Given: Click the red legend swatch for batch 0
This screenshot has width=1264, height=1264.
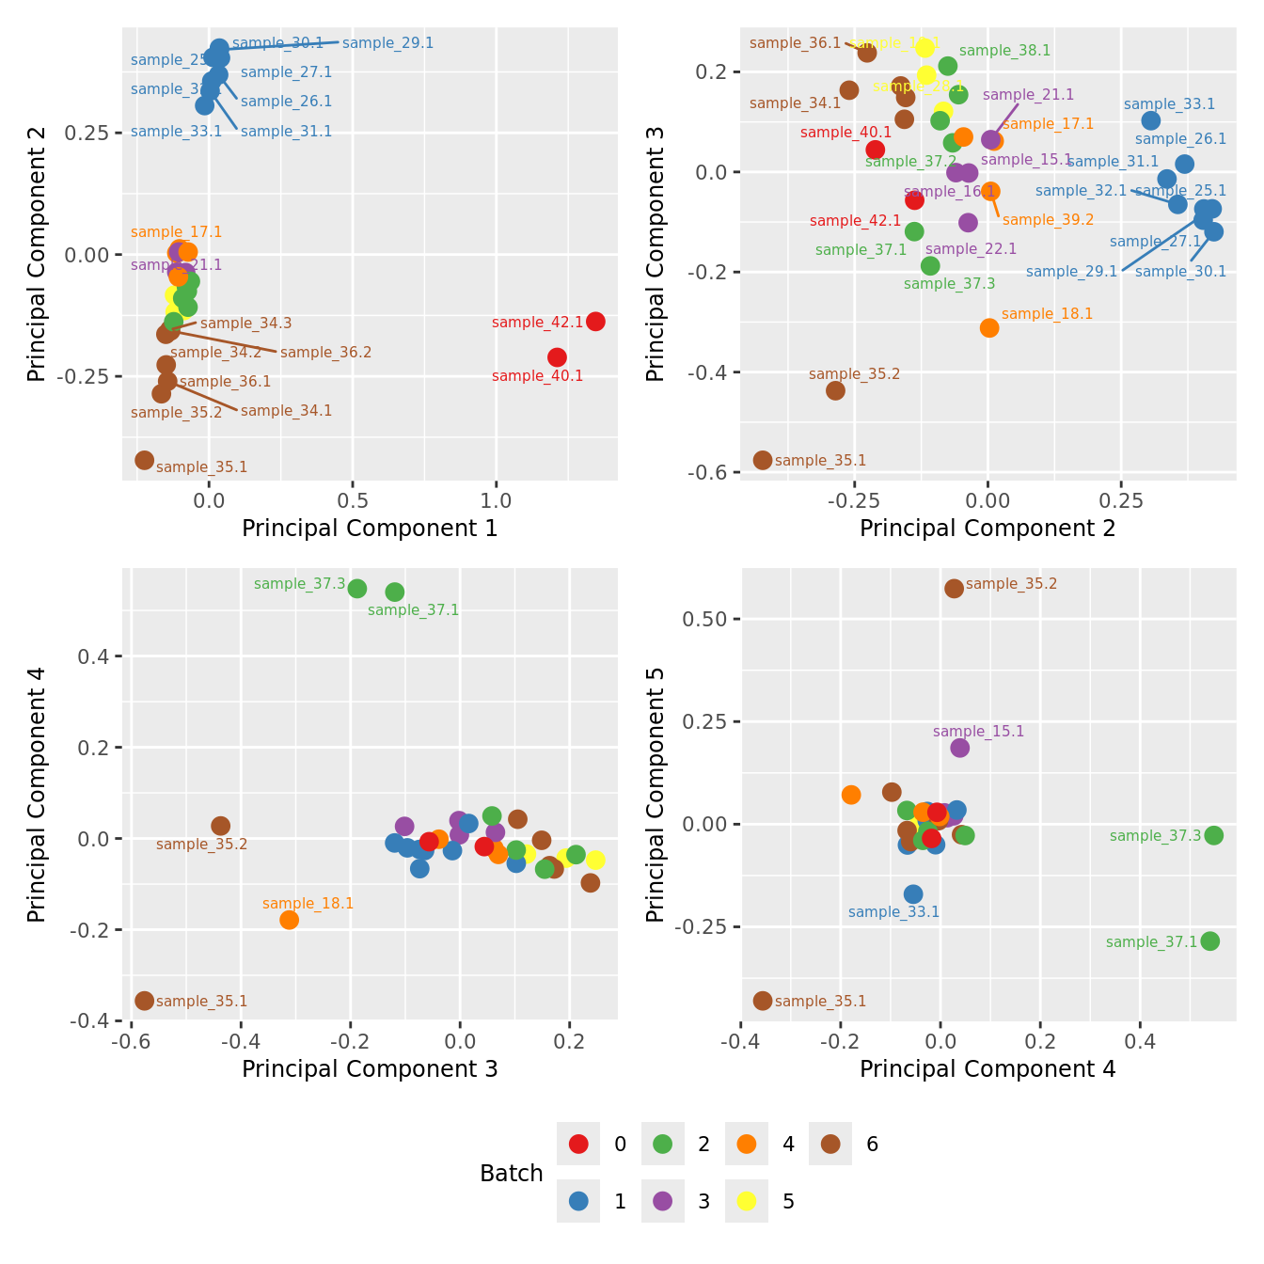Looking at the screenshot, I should pyautogui.click(x=578, y=1144).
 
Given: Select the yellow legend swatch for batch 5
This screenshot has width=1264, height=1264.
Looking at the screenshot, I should pyautogui.click(x=747, y=1201).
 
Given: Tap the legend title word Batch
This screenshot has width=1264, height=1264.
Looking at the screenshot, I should pyautogui.click(x=512, y=1173).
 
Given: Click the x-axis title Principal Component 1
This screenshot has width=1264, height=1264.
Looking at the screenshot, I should pyautogui.click(x=370, y=529).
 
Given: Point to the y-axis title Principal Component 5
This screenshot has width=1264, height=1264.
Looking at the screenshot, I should pyautogui.click(x=656, y=794).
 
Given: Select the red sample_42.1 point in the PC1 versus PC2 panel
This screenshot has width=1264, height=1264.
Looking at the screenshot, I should pyautogui.click(x=595, y=322).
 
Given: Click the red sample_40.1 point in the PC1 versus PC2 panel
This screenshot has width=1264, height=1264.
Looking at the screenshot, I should pyautogui.click(x=557, y=357).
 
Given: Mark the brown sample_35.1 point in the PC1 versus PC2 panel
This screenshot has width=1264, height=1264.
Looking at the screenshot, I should pyautogui.click(x=144, y=460).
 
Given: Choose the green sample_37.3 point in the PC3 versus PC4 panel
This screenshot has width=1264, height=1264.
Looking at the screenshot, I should pyautogui.click(x=357, y=589).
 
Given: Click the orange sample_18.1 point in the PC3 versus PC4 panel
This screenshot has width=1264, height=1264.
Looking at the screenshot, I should pyautogui.click(x=289, y=920).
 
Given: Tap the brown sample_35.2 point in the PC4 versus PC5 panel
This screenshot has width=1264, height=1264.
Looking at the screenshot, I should pyautogui.click(x=954, y=589).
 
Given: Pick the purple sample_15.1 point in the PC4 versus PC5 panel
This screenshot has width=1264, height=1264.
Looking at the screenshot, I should pyautogui.click(x=959, y=748).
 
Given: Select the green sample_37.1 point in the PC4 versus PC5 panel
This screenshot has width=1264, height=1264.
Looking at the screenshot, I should pyautogui.click(x=1210, y=940).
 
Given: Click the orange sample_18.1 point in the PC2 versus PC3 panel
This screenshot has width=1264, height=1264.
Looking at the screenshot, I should pyautogui.click(x=989, y=327).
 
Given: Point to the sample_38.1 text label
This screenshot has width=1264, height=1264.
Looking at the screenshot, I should pyautogui.click(x=1004, y=51).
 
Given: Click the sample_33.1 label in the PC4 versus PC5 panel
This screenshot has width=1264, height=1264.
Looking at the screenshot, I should pyautogui.click(x=893, y=912).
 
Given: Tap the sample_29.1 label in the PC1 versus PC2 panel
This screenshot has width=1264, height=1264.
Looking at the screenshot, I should pyautogui.click(x=387, y=43).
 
